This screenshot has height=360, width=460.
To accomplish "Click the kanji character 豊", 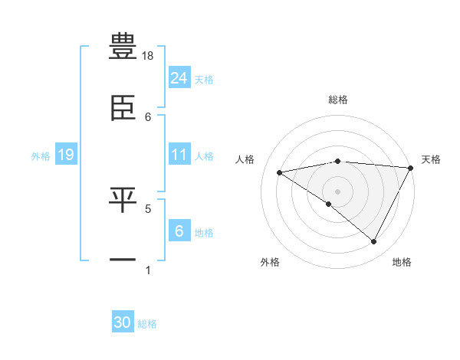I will pyautogui.click(x=123, y=46).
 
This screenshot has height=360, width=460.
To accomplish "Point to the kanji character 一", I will pyautogui.click(x=123, y=260).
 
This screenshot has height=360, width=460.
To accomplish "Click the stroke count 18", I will pyautogui.click(x=149, y=57).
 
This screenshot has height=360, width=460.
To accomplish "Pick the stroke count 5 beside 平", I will pyautogui.click(x=148, y=208).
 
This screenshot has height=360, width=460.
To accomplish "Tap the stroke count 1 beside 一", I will pyautogui.click(x=148, y=270).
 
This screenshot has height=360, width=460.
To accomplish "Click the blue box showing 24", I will pyautogui.click(x=179, y=78).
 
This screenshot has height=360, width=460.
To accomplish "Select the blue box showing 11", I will pyautogui.click(x=179, y=155).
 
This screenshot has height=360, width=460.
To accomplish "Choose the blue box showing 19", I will pyautogui.click(x=65, y=155).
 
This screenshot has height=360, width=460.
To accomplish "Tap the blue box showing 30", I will pyautogui.click(x=123, y=322).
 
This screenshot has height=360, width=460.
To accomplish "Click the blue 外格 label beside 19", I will pyautogui.click(x=41, y=155).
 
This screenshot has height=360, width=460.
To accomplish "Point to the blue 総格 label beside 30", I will pyautogui.click(x=147, y=324).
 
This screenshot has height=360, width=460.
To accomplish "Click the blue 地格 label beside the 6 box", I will pyautogui.click(x=204, y=233).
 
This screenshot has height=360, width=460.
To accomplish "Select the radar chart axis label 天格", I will pyautogui.click(x=432, y=159).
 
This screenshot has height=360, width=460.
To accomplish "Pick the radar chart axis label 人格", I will pyautogui.click(x=246, y=159).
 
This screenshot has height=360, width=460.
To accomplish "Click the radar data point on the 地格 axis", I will pyautogui.click(x=374, y=242).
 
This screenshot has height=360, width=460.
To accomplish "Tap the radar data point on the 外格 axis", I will pyautogui.click(x=329, y=204).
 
